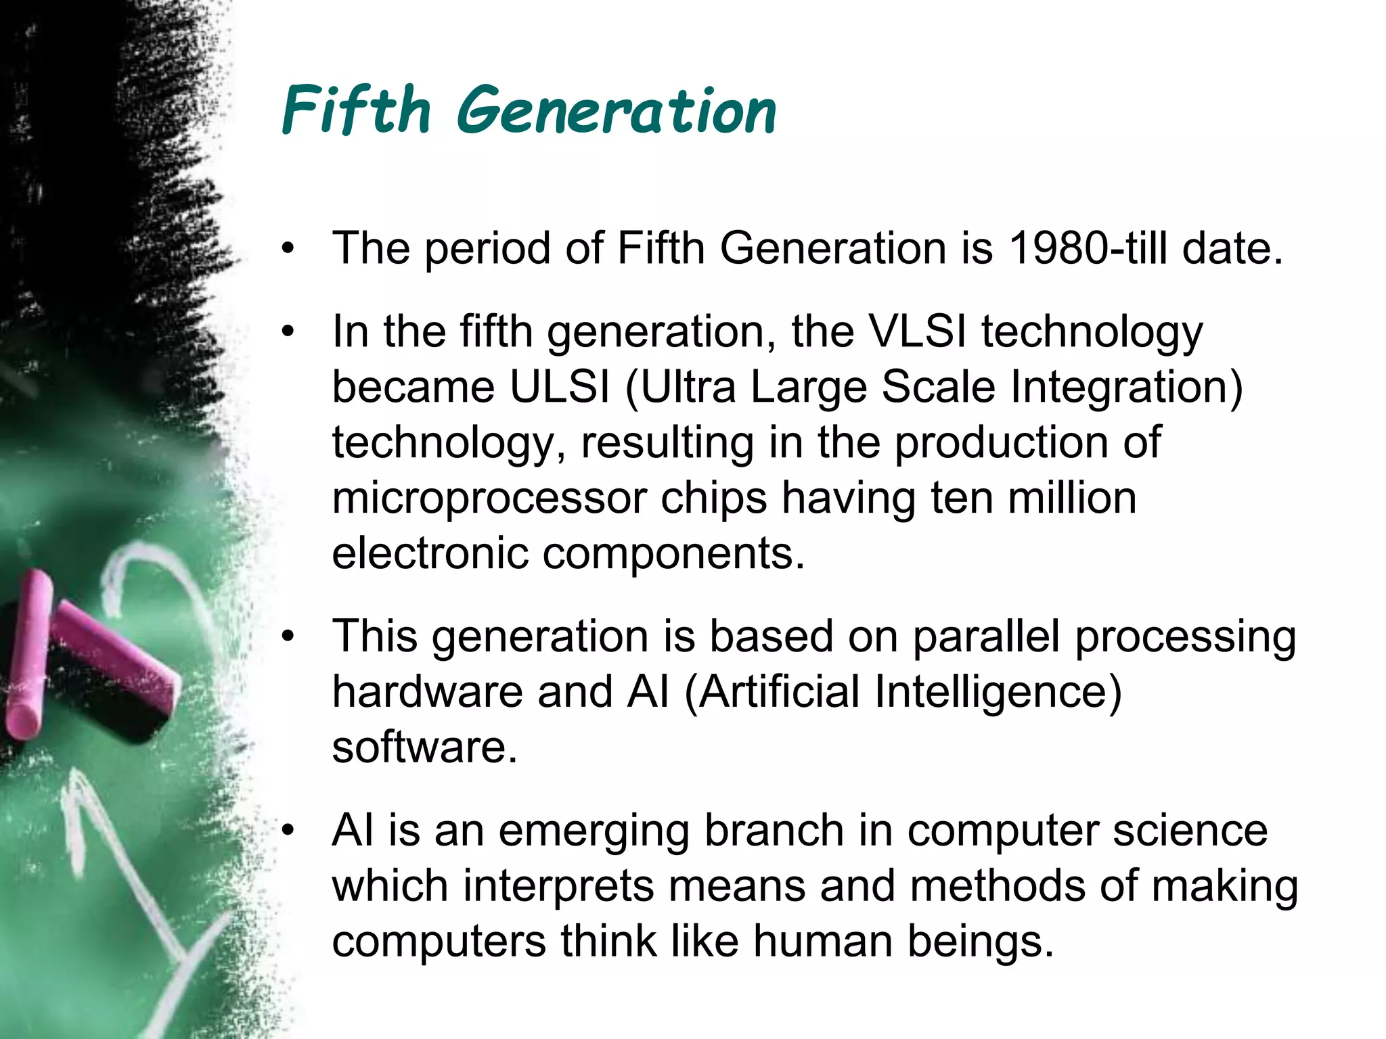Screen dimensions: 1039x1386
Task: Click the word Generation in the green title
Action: coord(616,112)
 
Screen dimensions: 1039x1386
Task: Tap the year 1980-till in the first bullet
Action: coord(1088,248)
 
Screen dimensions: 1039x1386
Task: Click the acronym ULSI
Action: coord(560,387)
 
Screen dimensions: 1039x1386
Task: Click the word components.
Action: coord(673,555)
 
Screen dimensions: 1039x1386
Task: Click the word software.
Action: coord(424,747)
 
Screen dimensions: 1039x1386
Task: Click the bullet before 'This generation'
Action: coord(289,637)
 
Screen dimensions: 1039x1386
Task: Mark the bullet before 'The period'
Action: coord(289,248)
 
